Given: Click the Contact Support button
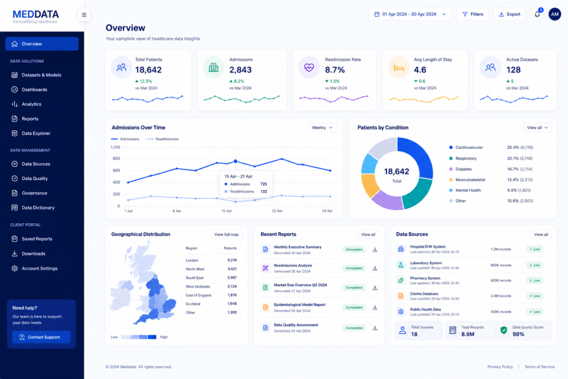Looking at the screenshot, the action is tap(41, 337).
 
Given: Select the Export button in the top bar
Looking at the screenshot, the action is tap(509, 14).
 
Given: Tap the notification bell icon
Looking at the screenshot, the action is tap(537, 14).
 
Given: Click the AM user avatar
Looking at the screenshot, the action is tap(555, 14).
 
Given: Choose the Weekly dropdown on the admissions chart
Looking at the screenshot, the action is tap(322, 128).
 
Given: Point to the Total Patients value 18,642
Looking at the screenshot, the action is tap(149, 69).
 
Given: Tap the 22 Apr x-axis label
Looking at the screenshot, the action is tap(277, 211).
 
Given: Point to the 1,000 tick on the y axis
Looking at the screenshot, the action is tap(115, 147).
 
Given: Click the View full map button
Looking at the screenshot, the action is tap(226, 234).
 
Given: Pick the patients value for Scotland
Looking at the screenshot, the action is tap(232, 304).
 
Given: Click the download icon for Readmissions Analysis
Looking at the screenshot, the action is tap(375, 268).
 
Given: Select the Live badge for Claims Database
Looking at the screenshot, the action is tap(535, 296).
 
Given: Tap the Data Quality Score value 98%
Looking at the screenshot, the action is tap(519, 334).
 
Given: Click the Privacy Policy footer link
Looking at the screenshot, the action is tap(500, 367).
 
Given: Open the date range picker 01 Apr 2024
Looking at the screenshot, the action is tap(410, 14).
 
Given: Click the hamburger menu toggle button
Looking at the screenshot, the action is tap(84, 15).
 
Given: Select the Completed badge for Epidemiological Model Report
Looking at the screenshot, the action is tap(354, 307).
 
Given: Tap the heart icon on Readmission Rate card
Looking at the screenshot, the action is tap(309, 67).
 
